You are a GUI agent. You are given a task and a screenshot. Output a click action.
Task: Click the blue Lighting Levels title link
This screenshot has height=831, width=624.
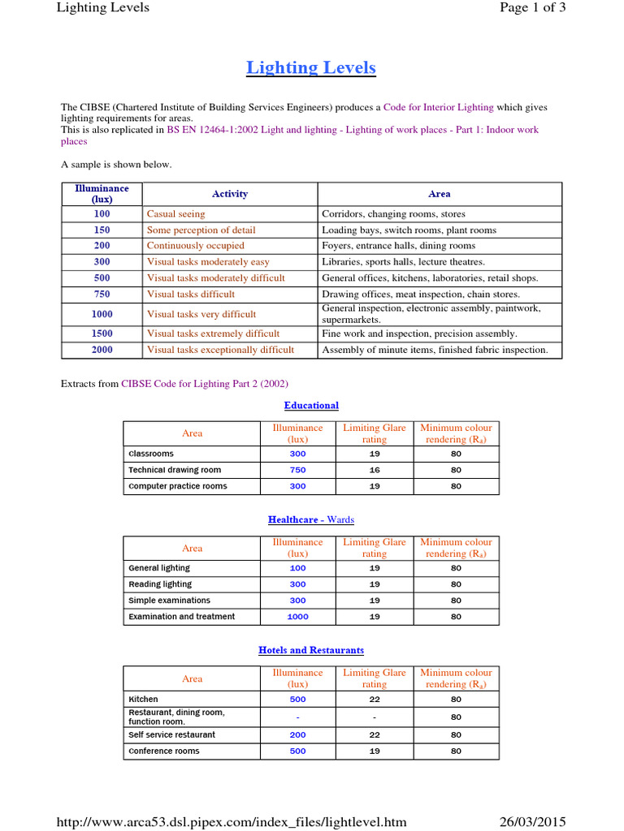coord(311,67)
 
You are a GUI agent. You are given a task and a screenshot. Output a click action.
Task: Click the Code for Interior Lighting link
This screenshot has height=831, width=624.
coord(438,107)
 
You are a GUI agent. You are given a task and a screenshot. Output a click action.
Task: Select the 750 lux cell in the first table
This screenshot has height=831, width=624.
coord(102,295)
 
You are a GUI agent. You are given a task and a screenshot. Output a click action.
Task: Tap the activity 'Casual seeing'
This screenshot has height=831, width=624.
coord(175,214)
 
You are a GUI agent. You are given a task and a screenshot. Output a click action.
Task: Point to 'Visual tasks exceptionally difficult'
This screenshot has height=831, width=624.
coord(220,351)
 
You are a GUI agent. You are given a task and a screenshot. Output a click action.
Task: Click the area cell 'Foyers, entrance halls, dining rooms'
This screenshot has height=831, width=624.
coord(398,246)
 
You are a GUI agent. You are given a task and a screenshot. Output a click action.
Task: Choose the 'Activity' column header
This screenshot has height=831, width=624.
coord(230,194)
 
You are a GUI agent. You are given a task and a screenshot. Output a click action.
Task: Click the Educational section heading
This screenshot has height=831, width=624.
coord(311,405)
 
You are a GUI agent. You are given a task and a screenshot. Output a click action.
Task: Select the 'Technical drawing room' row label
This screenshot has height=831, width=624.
coord(175,470)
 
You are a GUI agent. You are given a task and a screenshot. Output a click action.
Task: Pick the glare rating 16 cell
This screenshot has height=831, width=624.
coord(375,470)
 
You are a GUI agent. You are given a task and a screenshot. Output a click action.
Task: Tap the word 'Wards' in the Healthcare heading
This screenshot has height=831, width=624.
coord(340,519)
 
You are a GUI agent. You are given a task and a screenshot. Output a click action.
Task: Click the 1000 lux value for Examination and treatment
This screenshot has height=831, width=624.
coord(297,617)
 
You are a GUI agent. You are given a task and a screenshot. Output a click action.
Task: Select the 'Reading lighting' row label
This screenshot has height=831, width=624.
coord(160,584)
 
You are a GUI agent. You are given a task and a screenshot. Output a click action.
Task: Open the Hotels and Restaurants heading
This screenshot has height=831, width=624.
coord(311,650)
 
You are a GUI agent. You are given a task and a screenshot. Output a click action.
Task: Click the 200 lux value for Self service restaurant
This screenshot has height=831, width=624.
coord(297,734)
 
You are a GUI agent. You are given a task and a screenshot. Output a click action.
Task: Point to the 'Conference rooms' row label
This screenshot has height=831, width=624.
coord(164,751)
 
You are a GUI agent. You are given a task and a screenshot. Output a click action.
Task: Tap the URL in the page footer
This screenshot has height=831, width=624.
coord(231,821)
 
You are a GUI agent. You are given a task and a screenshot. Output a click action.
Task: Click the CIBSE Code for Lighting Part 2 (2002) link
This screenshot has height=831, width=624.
coord(204,384)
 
